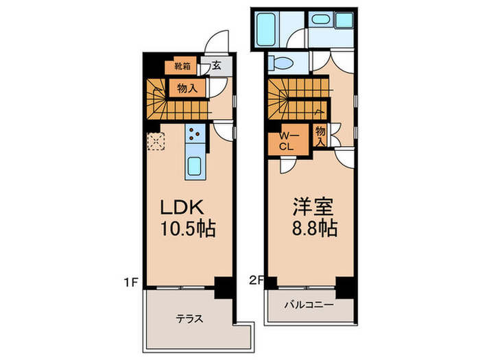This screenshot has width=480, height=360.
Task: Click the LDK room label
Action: pos(182,207)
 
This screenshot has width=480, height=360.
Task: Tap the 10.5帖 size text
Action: pos(188,228)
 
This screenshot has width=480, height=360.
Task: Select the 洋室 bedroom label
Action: pos(313,207)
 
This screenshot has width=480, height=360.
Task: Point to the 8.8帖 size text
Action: pos(314,228)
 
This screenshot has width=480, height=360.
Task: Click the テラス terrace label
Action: pos(189,319)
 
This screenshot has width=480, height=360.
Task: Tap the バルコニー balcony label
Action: pos(309,305)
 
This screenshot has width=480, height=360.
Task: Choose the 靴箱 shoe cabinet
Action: pos(180,66)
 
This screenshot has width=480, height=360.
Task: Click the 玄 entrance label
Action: pos(217,65)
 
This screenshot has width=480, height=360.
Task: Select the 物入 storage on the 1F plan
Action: pos(187,88)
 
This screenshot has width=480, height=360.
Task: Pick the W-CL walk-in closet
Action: pos(289,140)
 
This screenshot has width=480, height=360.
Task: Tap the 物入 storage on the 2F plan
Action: pos(320,136)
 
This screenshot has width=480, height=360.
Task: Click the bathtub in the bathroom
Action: pos(266,29)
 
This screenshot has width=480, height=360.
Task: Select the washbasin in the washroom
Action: pos(321,20)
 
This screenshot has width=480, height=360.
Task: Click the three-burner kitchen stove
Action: pos(195,134)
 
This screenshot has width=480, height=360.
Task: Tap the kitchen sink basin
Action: pos(194,166)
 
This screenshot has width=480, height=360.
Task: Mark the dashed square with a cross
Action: pos(156,141)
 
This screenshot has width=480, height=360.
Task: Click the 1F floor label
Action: pos(131,282)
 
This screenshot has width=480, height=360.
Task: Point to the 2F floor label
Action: pos(256,280)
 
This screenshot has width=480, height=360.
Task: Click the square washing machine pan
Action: pos(344,20)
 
